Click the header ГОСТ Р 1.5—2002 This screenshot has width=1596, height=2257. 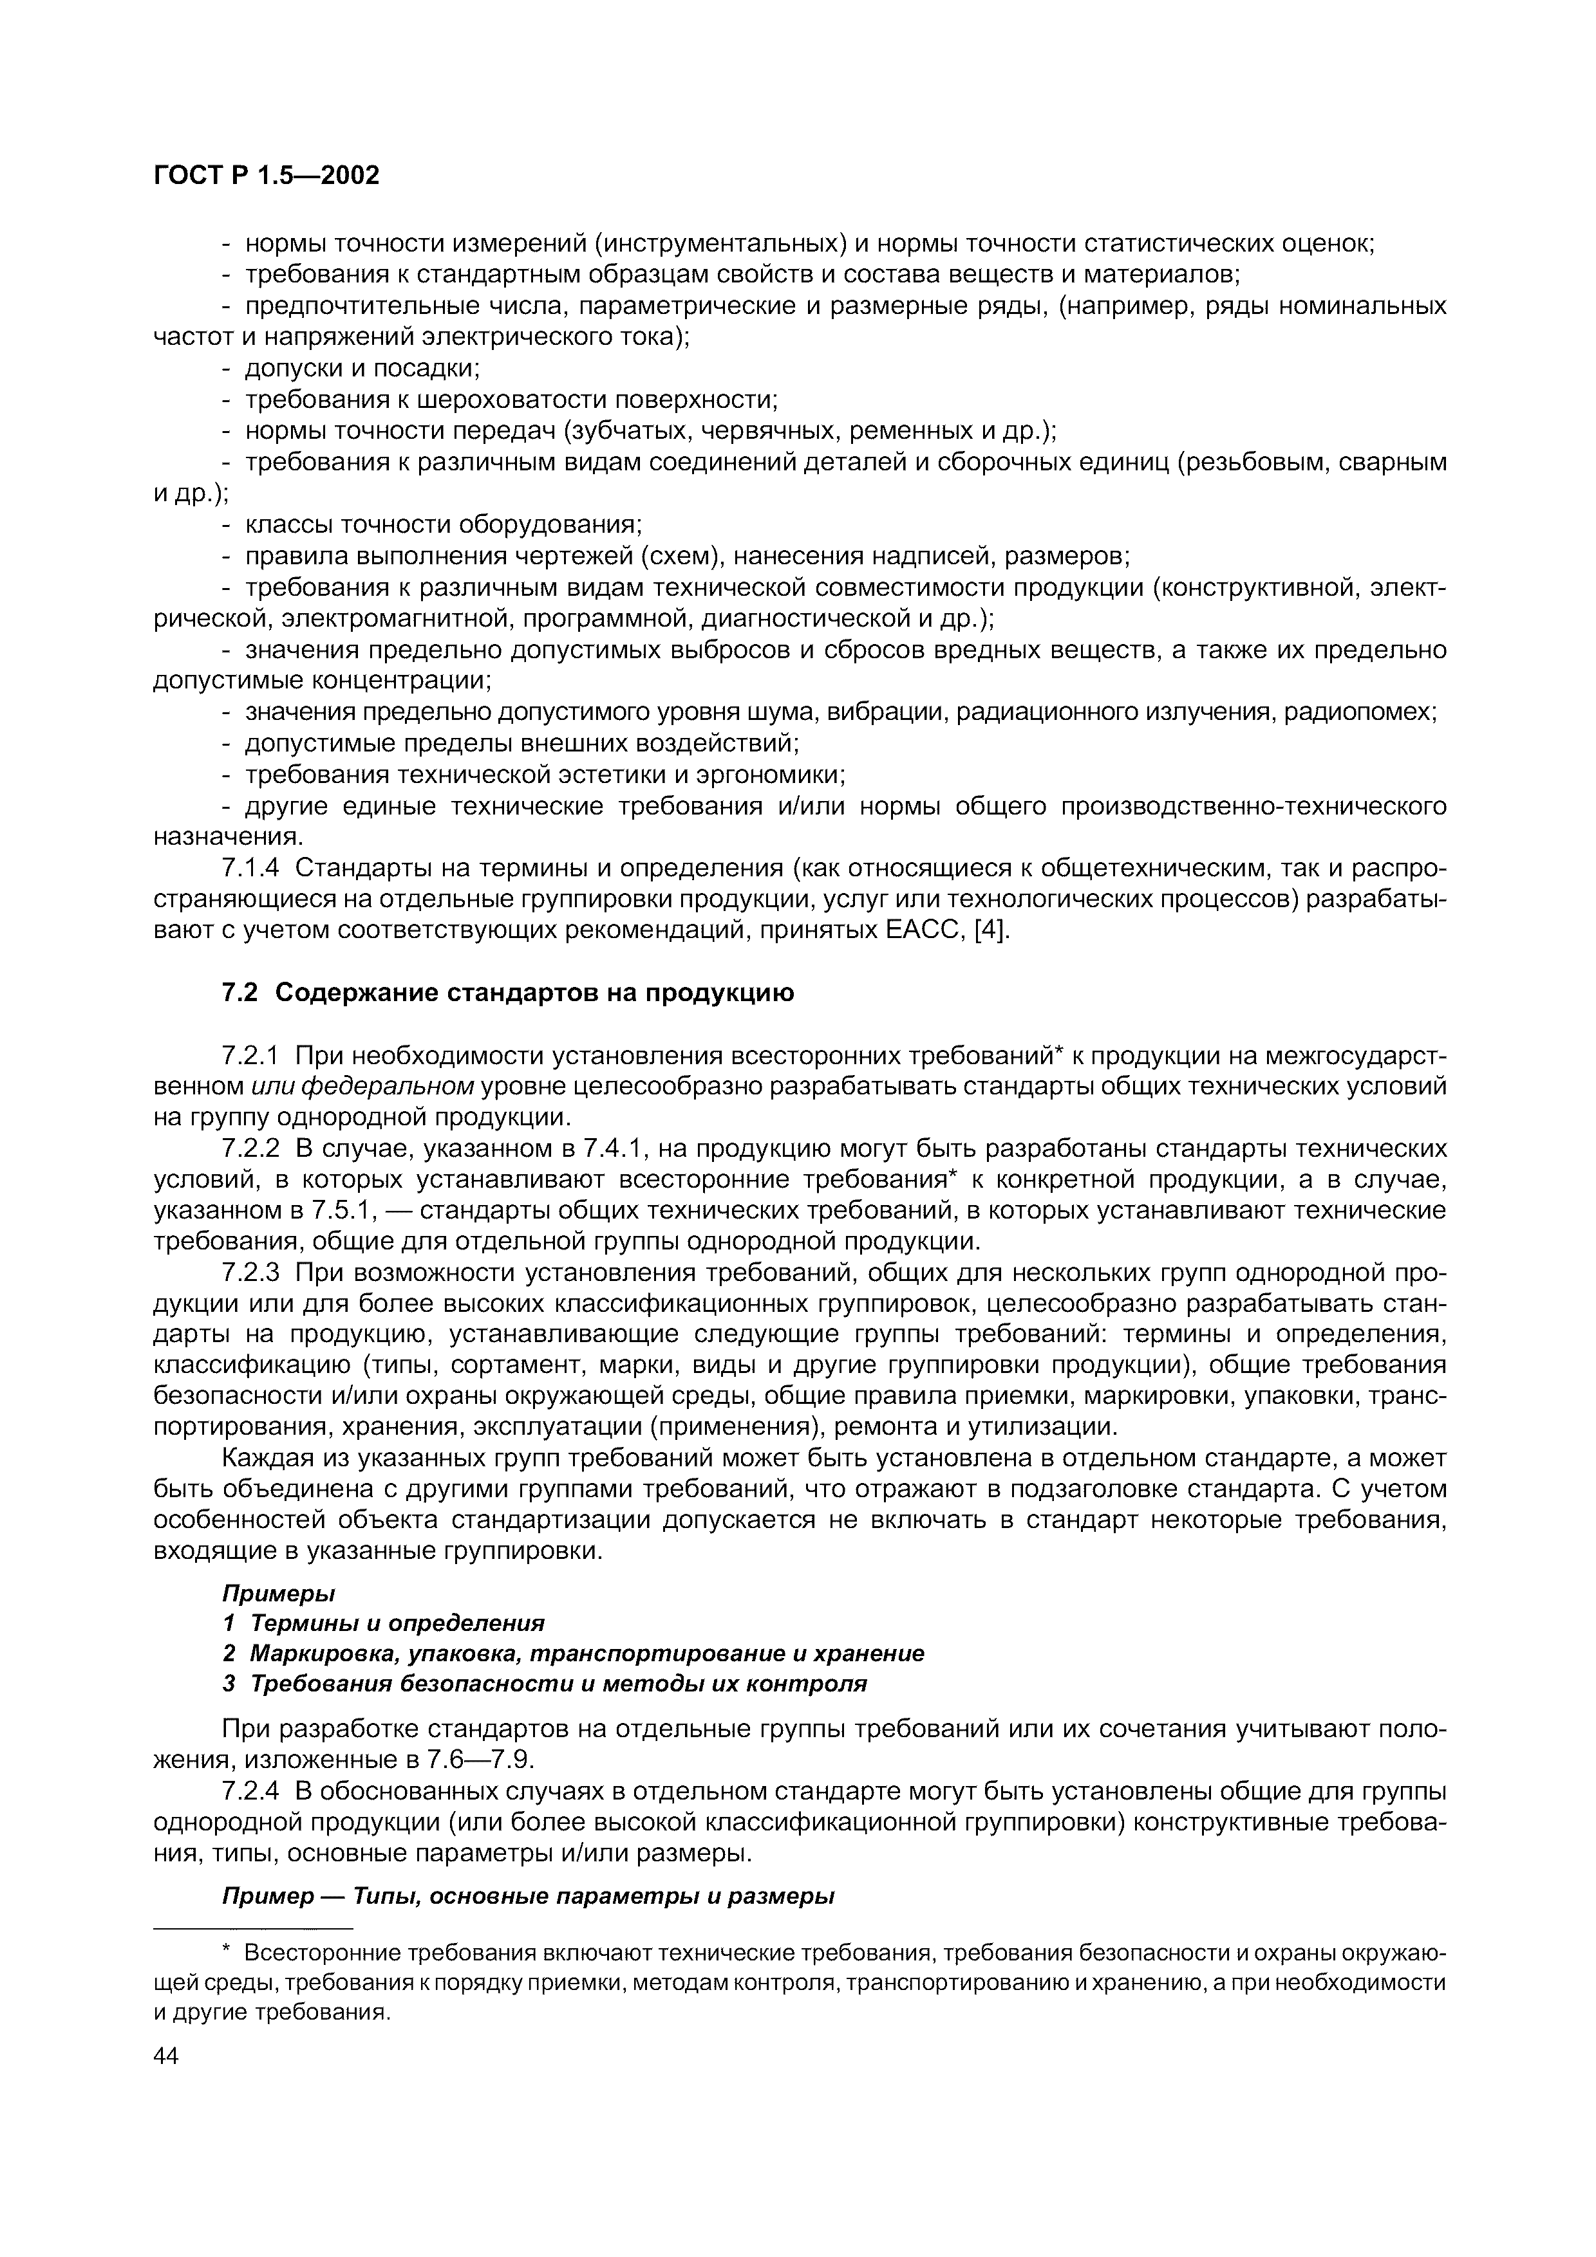click(267, 175)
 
